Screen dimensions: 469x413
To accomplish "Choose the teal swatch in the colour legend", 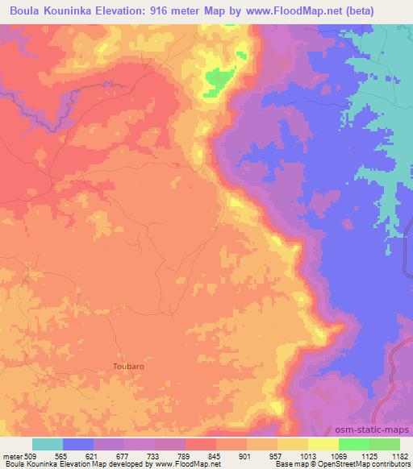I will [48, 444].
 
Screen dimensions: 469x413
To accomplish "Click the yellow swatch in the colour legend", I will [323, 444].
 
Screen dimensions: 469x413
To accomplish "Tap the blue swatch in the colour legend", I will [78, 444].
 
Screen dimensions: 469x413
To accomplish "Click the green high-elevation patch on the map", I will [218, 81].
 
